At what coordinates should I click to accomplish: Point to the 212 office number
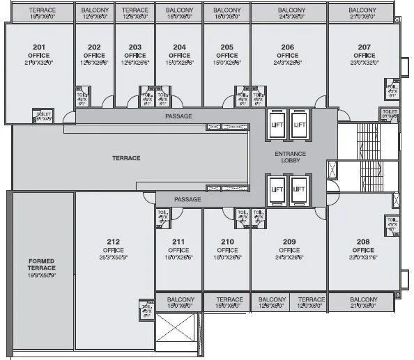[x=114, y=242]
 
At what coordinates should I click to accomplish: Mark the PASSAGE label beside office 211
[x=187, y=200]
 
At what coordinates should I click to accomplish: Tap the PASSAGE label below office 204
[x=178, y=116]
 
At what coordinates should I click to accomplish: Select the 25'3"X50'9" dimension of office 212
[x=114, y=257]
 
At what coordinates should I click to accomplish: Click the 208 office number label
[x=362, y=242]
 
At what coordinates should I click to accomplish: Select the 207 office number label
[x=364, y=47]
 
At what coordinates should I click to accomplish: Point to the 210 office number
[x=227, y=242]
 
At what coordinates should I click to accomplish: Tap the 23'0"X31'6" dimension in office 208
[x=362, y=257]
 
